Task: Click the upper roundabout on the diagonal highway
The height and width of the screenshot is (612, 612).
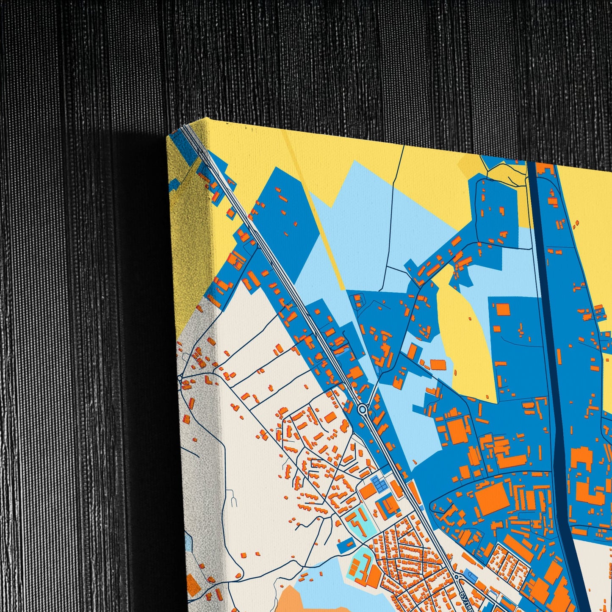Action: [363, 409]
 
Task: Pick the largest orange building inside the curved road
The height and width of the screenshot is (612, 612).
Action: [491, 500]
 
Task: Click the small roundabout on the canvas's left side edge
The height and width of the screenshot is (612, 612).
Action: [180, 378]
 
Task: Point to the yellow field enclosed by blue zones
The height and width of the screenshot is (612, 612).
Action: [462, 339]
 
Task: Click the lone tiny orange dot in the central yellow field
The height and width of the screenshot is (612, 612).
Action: [470, 318]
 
